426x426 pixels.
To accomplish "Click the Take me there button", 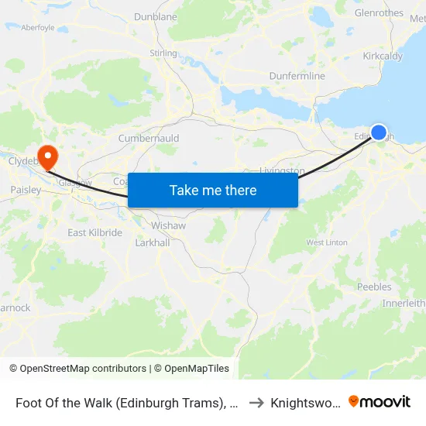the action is [x=213, y=190].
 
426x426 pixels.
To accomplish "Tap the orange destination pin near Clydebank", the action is [x=47, y=156].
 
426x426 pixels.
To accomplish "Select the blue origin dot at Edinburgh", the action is [x=379, y=132].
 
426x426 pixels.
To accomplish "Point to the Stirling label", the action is [x=163, y=53].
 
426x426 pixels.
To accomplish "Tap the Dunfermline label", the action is [x=297, y=76].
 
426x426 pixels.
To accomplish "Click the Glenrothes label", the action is [x=379, y=13].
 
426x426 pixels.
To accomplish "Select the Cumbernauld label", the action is [x=149, y=139].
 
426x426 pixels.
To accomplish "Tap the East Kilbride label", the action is [x=94, y=232].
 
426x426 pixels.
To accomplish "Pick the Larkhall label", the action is [x=151, y=242].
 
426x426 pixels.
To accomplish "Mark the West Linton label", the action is [x=327, y=242].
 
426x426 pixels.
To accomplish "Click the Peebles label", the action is [x=374, y=287].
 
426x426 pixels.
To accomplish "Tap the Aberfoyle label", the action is [x=38, y=27].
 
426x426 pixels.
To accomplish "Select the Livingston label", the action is [x=282, y=170].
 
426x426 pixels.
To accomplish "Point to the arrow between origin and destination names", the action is [x=256, y=403].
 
